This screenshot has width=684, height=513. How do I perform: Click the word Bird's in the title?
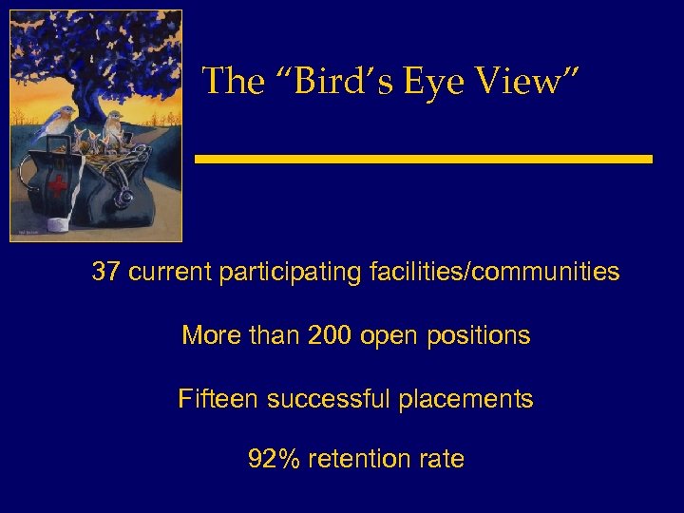click(x=349, y=82)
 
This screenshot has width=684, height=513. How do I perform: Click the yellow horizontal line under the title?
click(x=424, y=159)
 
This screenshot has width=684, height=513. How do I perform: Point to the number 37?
click(x=105, y=273)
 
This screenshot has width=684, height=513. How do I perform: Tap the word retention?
click(x=358, y=460)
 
